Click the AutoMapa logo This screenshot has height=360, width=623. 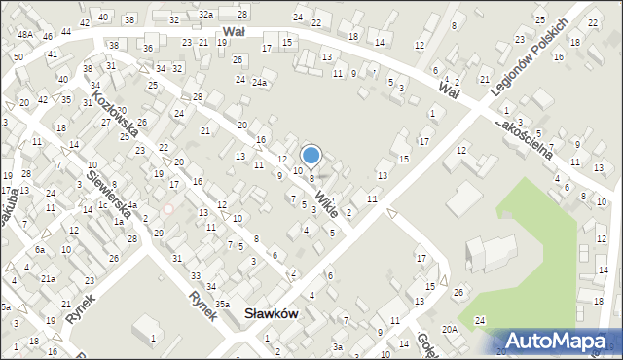[x=557, y=340]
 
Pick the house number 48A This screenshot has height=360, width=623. [x=24, y=34]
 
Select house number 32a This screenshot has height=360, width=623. [x=205, y=15]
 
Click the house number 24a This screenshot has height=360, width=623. [x=259, y=83]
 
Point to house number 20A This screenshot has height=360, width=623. [x=449, y=330]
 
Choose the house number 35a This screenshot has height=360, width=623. [x=222, y=305]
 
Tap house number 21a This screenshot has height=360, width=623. [x=47, y=279]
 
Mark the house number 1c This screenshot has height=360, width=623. [x=101, y=205]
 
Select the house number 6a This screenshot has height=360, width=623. [x=40, y=250]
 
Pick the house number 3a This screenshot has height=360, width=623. [x=337, y=346]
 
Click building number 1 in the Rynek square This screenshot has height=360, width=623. [x=153, y=338]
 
